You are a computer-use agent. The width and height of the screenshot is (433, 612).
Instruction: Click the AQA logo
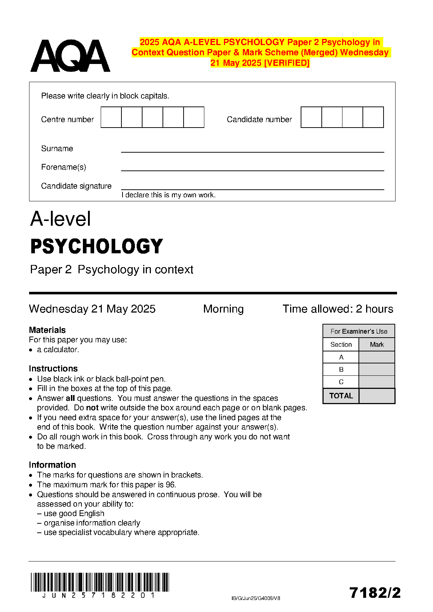click(x=70, y=56)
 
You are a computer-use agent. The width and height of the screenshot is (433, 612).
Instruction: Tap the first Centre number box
click(x=111, y=117)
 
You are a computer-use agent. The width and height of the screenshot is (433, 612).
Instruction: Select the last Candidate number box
click(x=373, y=117)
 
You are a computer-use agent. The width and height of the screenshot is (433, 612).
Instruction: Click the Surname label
click(x=57, y=149)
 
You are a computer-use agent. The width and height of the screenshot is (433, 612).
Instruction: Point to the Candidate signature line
click(x=252, y=189)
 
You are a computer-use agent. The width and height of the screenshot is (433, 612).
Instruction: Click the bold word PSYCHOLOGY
click(x=97, y=246)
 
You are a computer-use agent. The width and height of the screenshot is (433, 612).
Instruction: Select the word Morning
click(x=223, y=309)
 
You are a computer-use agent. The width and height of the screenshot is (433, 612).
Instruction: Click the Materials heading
click(x=47, y=330)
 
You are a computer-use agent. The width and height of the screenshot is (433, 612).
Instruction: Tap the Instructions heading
click(x=53, y=369)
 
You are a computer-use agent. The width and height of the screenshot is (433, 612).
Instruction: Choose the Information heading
click(x=52, y=465)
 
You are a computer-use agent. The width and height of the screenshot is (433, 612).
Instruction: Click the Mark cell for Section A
click(x=377, y=357)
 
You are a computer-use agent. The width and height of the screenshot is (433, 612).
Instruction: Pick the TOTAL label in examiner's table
click(x=341, y=396)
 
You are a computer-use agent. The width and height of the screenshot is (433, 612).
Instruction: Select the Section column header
click(x=341, y=345)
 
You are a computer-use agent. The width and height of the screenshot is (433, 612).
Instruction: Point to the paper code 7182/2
click(x=375, y=593)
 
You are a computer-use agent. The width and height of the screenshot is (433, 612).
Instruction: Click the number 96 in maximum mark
click(x=170, y=485)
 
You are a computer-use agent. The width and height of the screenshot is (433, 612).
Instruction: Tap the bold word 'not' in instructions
click(x=92, y=408)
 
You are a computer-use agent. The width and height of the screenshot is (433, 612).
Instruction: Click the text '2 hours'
click(x=374, y=309)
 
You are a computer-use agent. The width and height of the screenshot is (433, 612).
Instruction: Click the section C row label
click(x=341, y=382)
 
